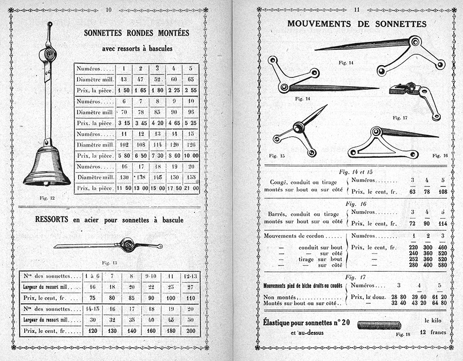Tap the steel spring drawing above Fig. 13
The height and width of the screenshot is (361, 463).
coord(109,245)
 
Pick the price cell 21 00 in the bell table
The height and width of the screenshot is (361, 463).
coord(191,188)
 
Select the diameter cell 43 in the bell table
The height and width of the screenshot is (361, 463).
coord(123,79)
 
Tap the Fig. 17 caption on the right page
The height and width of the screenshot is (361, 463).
coord(399,118)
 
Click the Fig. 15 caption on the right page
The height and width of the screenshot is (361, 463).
coord(276,155)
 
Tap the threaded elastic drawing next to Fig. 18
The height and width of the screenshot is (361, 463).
coord(379,325)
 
